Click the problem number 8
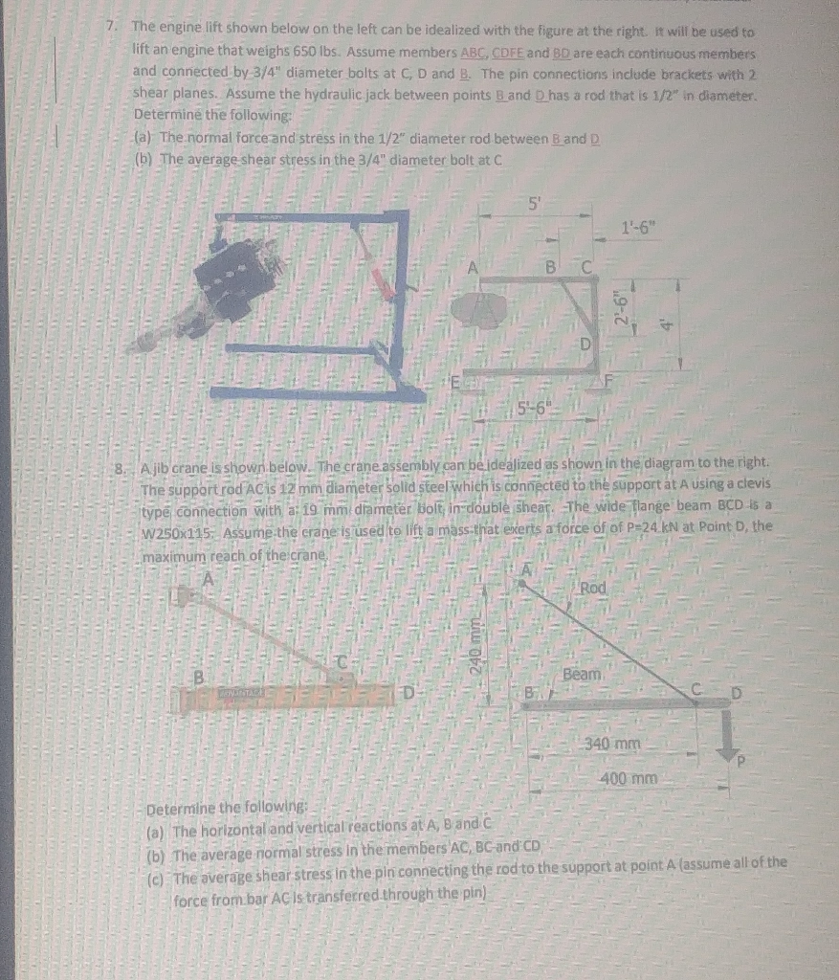click(120, 470)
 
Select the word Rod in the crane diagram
click(593, 588)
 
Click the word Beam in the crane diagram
click(582, 674)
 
